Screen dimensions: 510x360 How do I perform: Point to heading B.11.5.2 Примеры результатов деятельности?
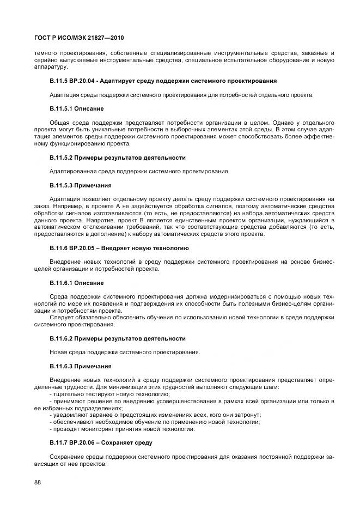117,157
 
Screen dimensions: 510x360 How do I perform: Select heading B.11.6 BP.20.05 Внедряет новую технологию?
119,248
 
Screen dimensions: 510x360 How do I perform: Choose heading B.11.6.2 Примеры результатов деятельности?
117,338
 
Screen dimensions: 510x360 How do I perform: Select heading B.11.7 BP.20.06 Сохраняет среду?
101,442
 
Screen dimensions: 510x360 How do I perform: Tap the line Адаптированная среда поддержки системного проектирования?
139,172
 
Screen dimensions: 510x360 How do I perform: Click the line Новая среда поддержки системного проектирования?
124,353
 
